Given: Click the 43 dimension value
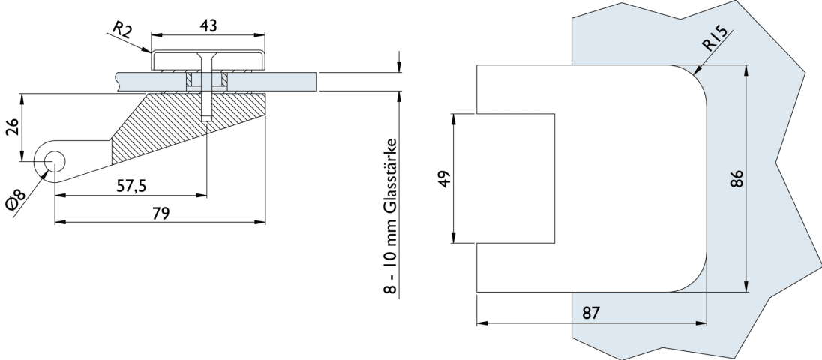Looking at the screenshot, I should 208,24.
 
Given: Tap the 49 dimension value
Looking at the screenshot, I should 443,180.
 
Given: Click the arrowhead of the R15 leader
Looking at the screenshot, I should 696,73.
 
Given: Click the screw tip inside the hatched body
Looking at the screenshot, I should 205,118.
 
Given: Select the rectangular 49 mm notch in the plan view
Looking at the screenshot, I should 515,178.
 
